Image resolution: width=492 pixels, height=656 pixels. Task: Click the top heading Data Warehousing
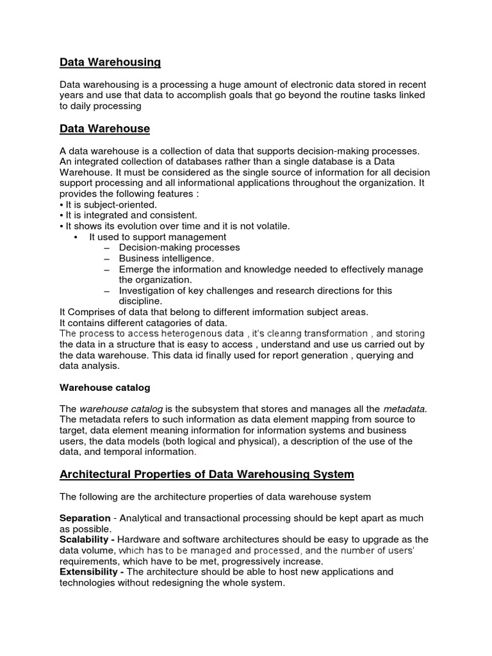click(x=110, y=62)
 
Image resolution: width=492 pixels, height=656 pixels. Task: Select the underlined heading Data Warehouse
click(x=104, y=129)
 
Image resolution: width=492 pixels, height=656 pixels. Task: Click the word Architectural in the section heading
click(x=94, y=475)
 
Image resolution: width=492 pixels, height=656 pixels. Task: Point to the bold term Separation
click(x=83, y=518)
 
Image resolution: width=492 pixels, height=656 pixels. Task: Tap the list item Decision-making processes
click(x=179, y=247)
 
